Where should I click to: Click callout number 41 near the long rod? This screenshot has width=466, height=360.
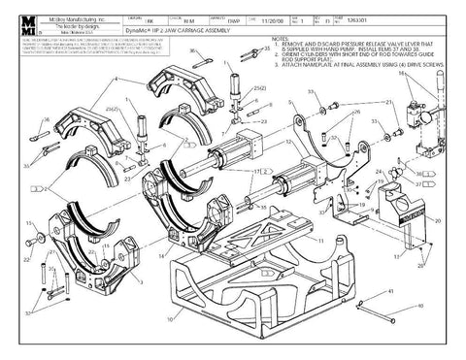point(389,290)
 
